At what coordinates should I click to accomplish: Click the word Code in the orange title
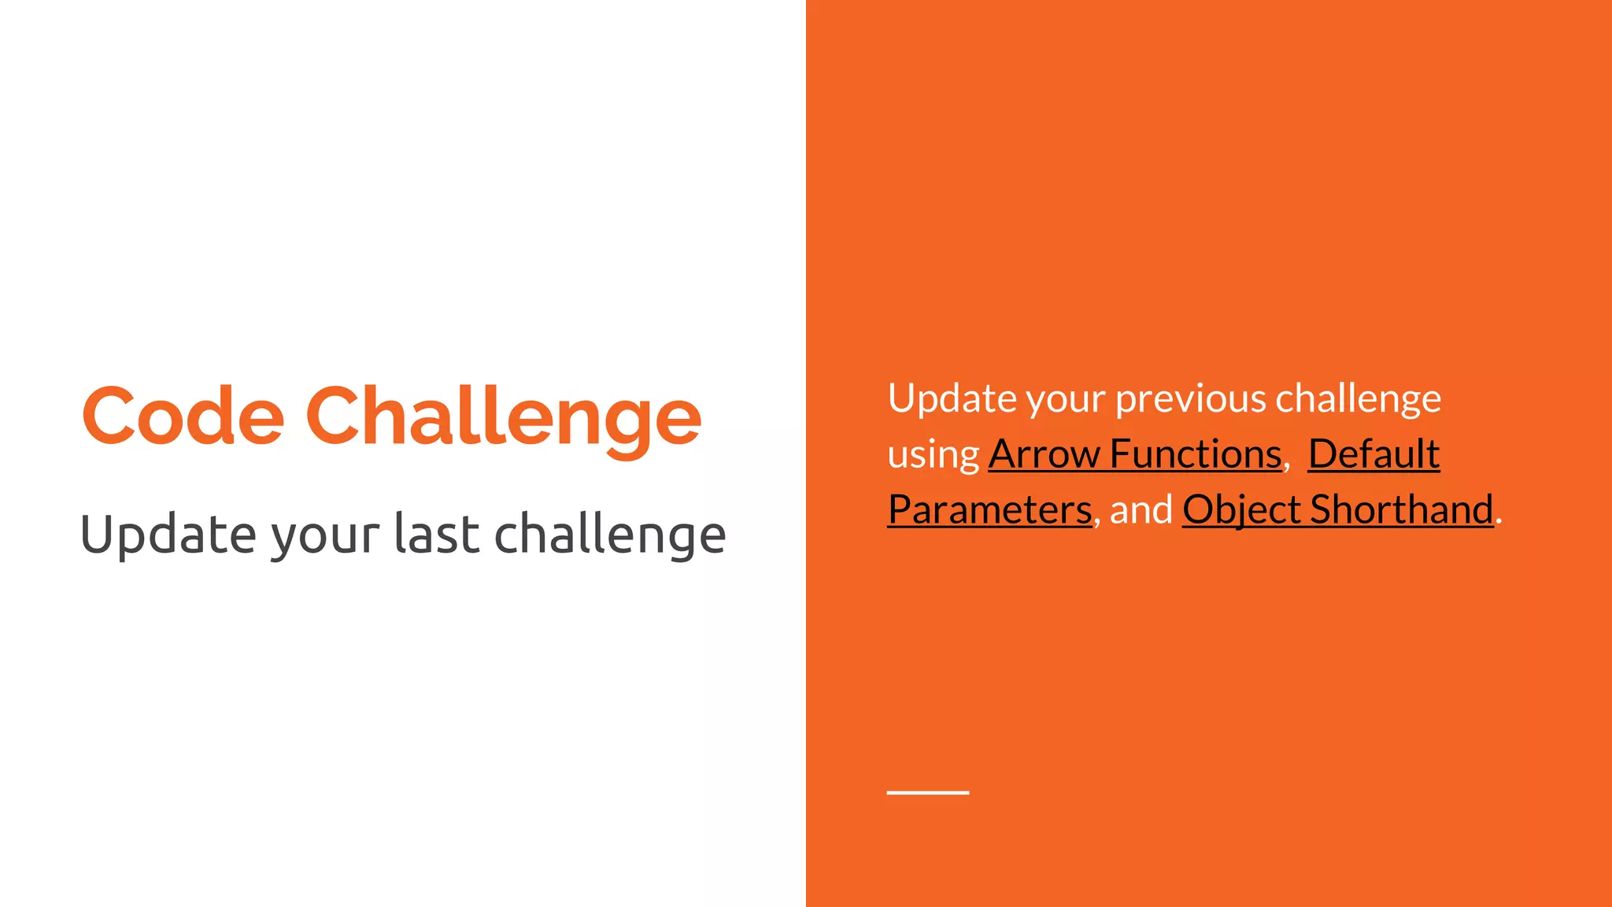[x=183, y=416]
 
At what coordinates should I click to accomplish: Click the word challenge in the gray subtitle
[x=610, y=535]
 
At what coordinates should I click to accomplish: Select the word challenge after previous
[x=1358, y=399]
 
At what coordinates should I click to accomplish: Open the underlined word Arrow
[x=1044, y=454]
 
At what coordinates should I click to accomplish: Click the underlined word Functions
[x=1196, y=454]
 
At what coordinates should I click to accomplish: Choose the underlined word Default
[x=1374, y=454]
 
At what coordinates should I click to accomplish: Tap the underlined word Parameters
[x=989, y=509]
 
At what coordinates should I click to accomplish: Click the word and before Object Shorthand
[x=1141, y=509]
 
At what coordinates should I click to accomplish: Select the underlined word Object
[x=1240, y=509]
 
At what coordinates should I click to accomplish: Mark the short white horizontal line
[x=927, y=792]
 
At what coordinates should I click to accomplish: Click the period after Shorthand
[x=1499, y=521]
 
